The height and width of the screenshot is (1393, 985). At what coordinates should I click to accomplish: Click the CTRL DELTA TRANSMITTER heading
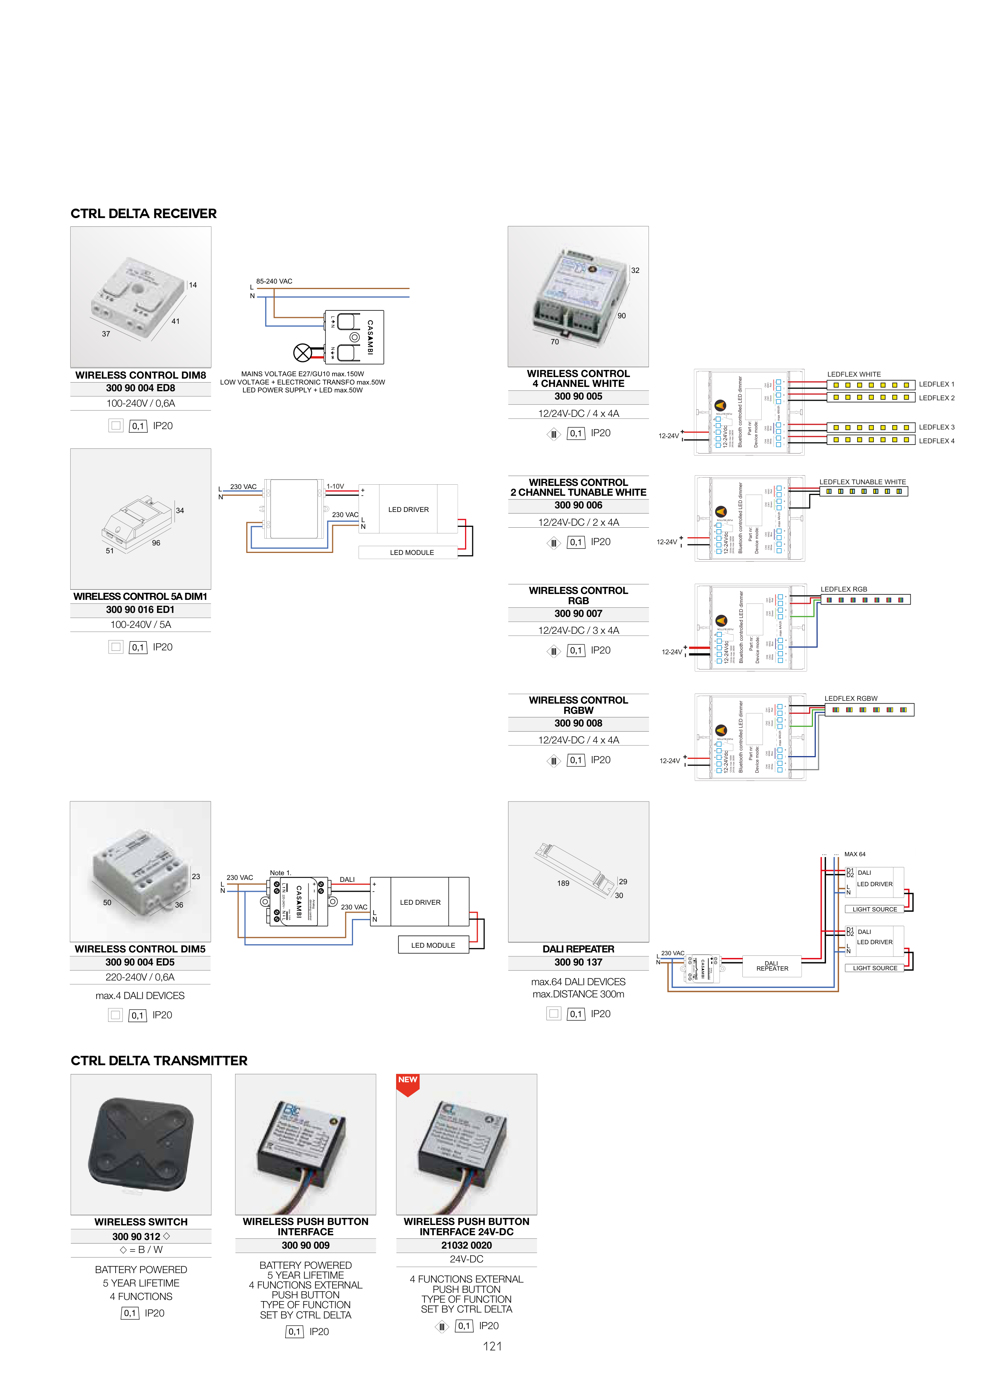click(x=159, y=1061)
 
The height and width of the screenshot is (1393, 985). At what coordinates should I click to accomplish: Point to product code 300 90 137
click(x=578, y=962)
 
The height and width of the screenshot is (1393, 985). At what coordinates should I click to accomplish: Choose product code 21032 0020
click(x=466, y=1245)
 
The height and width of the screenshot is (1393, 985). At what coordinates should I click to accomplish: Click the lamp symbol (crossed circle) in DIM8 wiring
click(x=302, y=353)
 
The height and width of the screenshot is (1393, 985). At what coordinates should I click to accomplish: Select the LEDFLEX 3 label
click(x=936, y=427)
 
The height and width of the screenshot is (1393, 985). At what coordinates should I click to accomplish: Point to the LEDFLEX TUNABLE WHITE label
click(x=862, y=482)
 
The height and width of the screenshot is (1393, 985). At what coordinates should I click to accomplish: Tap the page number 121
click(x=492, y=1346)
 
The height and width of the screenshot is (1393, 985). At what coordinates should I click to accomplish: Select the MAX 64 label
click(x=854, y=854)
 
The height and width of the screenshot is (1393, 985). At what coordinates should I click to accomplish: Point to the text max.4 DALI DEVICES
click(x=140, y=995)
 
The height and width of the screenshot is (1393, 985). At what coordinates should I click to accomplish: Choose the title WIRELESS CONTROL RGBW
click(x=578, y=705)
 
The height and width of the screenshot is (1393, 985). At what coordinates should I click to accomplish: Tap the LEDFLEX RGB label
click(x=844, y=589)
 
